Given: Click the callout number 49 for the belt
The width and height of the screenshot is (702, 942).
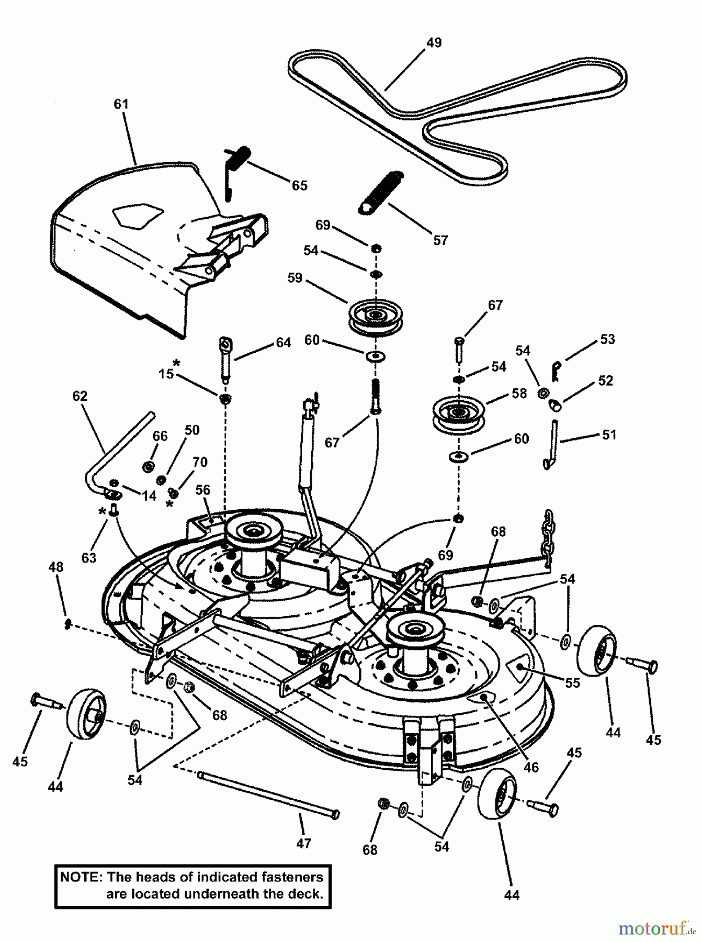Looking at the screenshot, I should [x=434, y=42].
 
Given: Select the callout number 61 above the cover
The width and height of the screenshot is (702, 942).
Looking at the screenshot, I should [x=121, y=105].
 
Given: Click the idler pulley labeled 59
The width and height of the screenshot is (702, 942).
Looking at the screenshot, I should [x=375, y=318].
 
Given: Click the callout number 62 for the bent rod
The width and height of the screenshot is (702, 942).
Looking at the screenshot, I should [x=80, y=396].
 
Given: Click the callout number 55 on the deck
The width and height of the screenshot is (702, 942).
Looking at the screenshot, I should [x=572, y=683].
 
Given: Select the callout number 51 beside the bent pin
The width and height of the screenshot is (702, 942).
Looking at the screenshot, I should [x=609, y=435].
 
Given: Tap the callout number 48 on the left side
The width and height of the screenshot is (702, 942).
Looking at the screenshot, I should [x=55, y=567].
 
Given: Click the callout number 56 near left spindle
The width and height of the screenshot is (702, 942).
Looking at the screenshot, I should [x=202, y=490].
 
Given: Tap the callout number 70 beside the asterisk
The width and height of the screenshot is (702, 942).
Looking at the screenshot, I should [x=199, y=462].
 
